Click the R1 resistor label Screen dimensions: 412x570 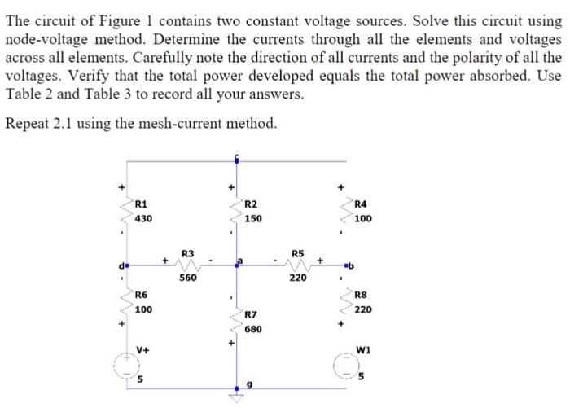click(141, 204)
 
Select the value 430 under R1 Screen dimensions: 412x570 click(142, 218)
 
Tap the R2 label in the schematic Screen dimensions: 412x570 click(252, 204)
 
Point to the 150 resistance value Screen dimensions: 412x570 click(253, 219)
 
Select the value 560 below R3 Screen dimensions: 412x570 click(187, 278)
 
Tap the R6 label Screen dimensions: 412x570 click(141, 295)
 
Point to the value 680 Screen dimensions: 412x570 click(253, 329)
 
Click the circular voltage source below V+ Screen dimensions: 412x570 click(126, 368)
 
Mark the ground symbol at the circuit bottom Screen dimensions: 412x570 click(236, 399)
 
